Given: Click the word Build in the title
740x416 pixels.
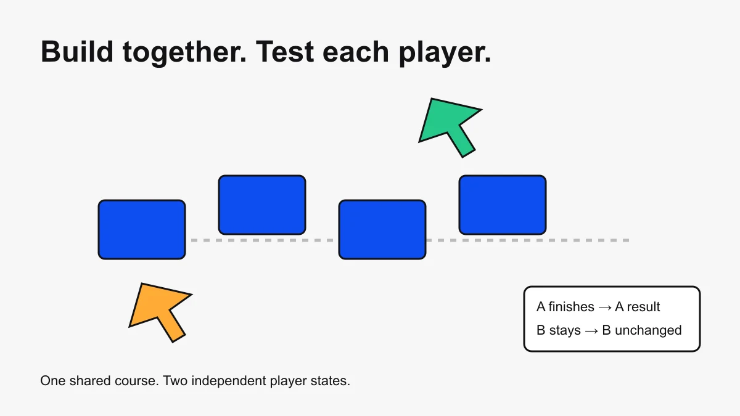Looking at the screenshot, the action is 77,51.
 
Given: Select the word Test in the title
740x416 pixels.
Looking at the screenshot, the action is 285,51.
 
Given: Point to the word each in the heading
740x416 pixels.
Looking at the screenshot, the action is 356,51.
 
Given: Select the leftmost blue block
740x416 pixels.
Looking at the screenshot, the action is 142,229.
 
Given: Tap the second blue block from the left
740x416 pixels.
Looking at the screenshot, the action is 262,205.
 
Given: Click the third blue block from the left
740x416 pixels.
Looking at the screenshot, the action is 382,229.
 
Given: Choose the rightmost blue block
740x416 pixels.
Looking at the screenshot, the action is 503,205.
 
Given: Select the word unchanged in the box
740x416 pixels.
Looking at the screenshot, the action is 648,330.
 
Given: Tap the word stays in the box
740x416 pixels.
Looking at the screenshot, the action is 565,331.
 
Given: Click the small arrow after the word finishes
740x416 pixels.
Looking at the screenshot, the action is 605,308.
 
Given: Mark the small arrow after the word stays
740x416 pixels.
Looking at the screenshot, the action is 591,331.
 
